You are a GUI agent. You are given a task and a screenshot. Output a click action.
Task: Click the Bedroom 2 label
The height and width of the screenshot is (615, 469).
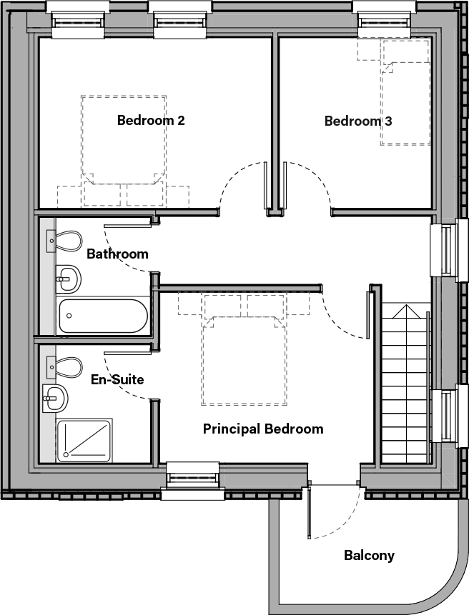(x=151, y=121)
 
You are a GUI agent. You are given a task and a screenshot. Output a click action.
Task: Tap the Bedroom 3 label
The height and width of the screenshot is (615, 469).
(x=357, y=121)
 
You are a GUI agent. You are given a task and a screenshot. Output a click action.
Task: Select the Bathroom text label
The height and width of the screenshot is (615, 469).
(x=117, y=254)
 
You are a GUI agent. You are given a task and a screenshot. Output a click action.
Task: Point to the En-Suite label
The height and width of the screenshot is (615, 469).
(x=117, y=379)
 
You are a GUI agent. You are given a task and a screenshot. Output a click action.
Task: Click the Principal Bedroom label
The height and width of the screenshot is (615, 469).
(x=262, y=429)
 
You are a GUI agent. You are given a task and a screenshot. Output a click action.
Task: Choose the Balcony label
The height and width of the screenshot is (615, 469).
(x=369, y=555)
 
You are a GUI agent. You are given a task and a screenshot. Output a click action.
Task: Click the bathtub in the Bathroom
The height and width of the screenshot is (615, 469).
(x=103, y=316)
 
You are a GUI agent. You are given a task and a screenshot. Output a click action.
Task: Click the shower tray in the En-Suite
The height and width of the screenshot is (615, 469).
(x=84, y=439)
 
